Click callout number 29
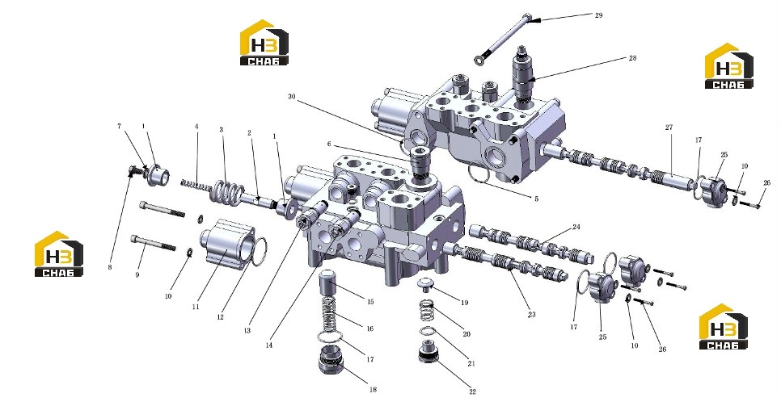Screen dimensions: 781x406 (599, 15)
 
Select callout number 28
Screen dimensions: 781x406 (632, 58)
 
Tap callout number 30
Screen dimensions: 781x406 (292, 97)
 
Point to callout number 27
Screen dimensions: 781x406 (669, 128)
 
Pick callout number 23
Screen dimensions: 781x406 (531, 315)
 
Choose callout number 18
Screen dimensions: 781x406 (373, 390)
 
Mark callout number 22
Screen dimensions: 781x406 (473, 392)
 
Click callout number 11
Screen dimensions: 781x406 (196, 307)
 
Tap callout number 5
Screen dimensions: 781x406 (537, 199)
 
